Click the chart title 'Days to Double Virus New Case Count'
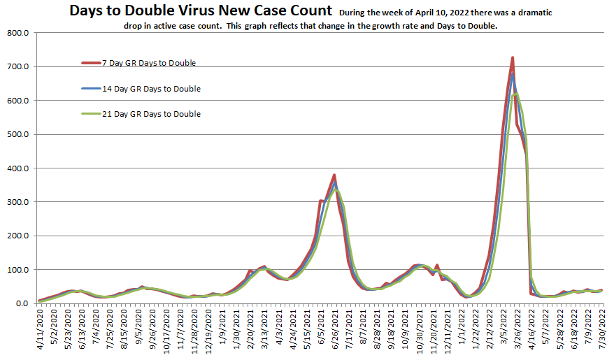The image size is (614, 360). pyautogui.click(x=201, y=10)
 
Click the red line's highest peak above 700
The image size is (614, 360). pyautogui.click(x=513, y=58)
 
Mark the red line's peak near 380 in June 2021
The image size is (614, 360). pyautogui.click(x=334, y=175)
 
